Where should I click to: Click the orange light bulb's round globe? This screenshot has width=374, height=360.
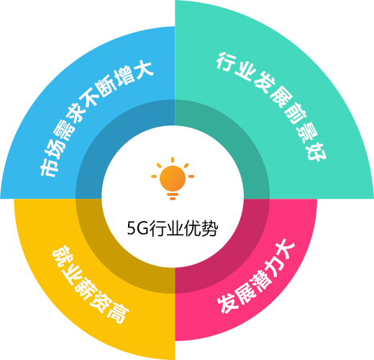(173, 178)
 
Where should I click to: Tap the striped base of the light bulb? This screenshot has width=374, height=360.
(173, 197)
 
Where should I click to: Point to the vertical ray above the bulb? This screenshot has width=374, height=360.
(173, 160)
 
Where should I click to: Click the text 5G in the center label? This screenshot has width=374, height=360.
(137, 228)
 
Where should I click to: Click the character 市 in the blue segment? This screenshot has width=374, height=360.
(49, 168)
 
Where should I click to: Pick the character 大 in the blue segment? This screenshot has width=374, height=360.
(142, 68)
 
